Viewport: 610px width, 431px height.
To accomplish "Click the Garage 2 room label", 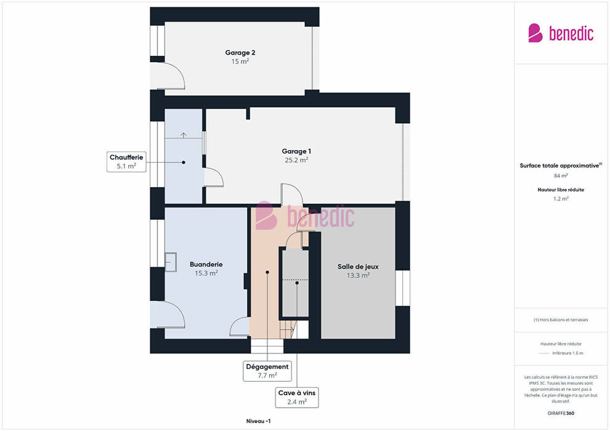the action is pyautogui.click(x=240, y=52).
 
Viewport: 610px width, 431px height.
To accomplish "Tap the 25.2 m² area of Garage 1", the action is pyautogui.click(x=296, y=159).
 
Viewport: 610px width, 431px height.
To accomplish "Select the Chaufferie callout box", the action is pyautogui.click(x=126, y=162).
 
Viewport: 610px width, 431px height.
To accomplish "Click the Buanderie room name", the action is pyautogui.click(x=206, y=264).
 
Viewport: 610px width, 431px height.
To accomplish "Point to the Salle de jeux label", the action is pyautogui.click(x=358, y=267).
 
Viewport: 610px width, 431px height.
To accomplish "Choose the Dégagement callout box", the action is pyautogui.click(x=267, y=371).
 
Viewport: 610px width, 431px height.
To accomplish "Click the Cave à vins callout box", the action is pyautogui.click(x=297, y=397).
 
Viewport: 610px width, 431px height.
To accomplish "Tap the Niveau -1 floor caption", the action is pyautogui.click(x=258, y=421).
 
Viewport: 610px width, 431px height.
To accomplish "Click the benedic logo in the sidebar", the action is pyautogui.click(x=561, y=33).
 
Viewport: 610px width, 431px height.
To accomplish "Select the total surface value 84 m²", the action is pyautogui.click(x=561, y=175).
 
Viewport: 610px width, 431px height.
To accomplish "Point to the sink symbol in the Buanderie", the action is pyautogui.click(x=171, y=262).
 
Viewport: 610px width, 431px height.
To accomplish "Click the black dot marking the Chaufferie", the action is pyautogui.click(x=183, y=163).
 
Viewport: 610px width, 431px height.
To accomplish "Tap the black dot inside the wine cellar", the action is pyautogui.click(x=297, y=283).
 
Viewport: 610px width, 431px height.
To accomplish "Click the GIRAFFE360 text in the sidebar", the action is pyautogui.click(x=561, y=413).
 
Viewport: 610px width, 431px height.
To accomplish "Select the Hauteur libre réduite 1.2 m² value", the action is pyautogui.click(x=561, y=199).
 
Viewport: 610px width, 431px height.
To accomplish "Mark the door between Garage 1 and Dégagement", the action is pyautogui.click(x=292, y=195).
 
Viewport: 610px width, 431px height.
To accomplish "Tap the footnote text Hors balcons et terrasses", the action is pyautogui.click(x=561, y=320).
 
